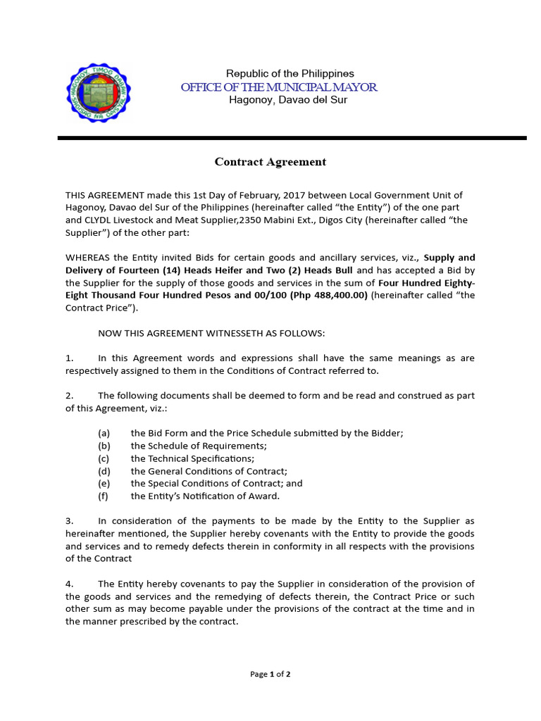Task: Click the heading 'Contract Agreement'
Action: [270, 162]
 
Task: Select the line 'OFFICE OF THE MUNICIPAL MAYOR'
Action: [279, 87]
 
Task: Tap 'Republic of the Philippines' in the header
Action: [290, 73]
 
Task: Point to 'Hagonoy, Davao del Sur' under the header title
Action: [288, 100]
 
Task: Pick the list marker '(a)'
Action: [104, 433]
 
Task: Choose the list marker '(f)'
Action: [104, 496]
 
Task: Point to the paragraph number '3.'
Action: [70, 521]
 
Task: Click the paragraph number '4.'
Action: [70, 584]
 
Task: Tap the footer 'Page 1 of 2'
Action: [270, 674]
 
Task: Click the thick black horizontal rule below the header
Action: [292, 138]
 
